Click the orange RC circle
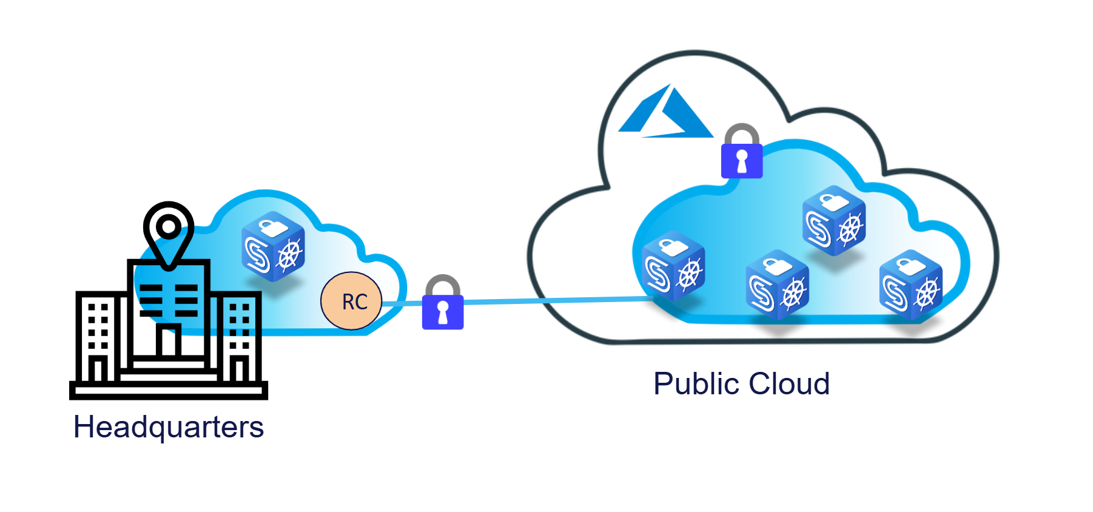coord(351,301)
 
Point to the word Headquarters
coord(169,427)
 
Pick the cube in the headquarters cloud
coord(273,246)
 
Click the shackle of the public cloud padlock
coord(742,133)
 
